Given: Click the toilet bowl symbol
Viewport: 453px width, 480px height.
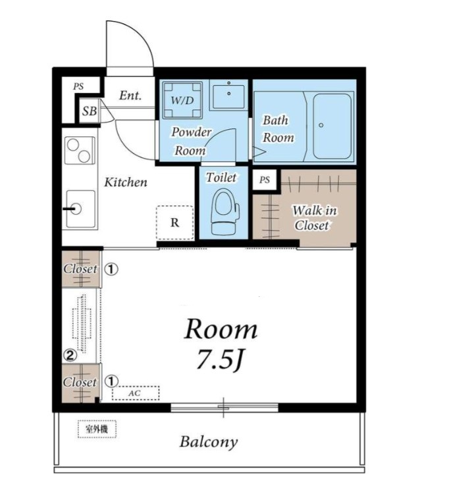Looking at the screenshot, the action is tap(225, 211).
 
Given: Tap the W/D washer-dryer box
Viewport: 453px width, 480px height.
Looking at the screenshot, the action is tap(183, 100).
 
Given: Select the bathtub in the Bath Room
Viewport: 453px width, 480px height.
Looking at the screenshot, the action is tap(332, 126).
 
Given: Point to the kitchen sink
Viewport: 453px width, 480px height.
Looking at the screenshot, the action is tap(80, 209).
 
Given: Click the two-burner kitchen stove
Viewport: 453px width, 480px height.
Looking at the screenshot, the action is tap(80, 150).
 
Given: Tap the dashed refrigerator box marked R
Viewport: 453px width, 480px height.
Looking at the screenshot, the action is tap(174, 223).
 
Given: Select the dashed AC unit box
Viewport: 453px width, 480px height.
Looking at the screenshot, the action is tap(135, 393).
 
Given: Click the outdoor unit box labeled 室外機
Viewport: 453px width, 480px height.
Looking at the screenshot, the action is tap(97, 429).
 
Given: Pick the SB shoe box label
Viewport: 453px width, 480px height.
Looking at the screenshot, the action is tap(90, 111).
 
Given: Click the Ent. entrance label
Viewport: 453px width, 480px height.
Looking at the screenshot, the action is tap(130, 95).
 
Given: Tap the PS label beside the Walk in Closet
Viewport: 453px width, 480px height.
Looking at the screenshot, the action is tap(265, 180).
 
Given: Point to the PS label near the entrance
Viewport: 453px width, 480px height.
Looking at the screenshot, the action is tap(78, 87).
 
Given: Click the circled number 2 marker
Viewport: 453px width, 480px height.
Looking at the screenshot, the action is tap(70, 355).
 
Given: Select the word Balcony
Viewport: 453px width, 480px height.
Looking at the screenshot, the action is tap(209, 442).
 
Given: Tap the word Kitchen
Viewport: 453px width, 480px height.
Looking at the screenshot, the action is tap(126, 182).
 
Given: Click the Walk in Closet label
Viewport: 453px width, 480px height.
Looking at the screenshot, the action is tap(313, 218).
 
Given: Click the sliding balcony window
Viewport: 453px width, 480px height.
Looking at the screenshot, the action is tap(225, 407).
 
